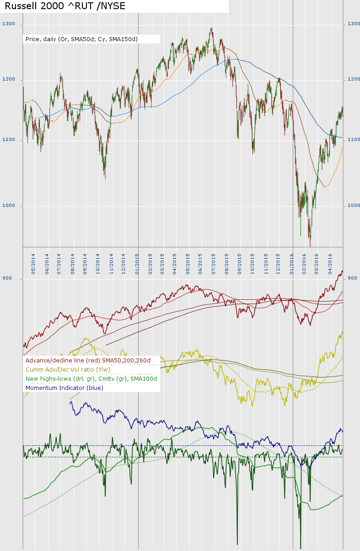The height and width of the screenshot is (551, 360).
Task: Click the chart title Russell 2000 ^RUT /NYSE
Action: tap(65, 6)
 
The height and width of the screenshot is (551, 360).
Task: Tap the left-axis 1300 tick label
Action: tap(9, 24)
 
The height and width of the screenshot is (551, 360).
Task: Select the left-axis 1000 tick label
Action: tap(9, 205)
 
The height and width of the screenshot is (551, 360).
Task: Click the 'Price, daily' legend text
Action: tap(81, 39)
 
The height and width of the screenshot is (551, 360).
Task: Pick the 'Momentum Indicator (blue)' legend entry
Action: tap(64, 388)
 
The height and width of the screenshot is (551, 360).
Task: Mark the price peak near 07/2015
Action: tap(211, 29)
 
